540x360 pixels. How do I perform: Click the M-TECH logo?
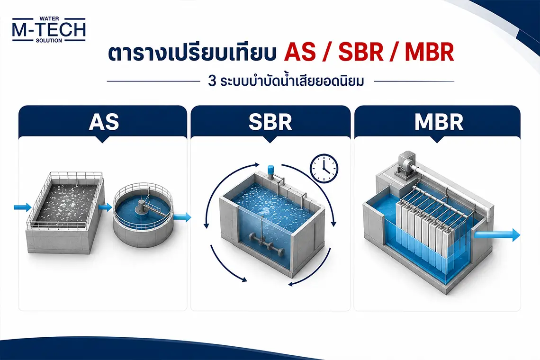(x=49, y=29)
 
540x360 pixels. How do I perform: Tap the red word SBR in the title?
(x=361, y=53)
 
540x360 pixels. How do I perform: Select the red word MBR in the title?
(x=429, y=53)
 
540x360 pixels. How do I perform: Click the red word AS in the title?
(x=300, y=53)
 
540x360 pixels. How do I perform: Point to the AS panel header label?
(x=104, y=122)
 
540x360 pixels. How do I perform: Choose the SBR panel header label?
(x=270, y=122)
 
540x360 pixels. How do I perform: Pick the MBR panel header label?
(x=439, y=122)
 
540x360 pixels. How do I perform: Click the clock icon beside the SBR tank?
(x=324, y=169)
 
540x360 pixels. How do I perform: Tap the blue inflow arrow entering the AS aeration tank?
(x=22, y=207)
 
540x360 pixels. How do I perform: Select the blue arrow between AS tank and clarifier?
(x=105, y=207)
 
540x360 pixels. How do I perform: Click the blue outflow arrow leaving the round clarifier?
(x=182, y=217)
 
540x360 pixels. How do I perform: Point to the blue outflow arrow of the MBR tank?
(x=497, y=234)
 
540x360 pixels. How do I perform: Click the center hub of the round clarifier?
(x=141, y=207)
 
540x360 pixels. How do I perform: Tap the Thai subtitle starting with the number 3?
(x=286, y=81)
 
